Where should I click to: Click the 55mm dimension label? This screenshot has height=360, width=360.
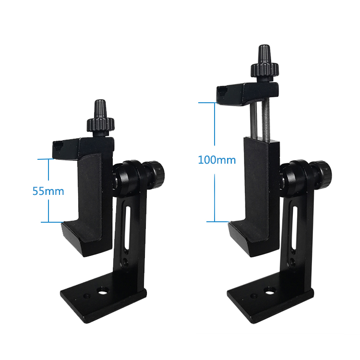(x=48, y=191)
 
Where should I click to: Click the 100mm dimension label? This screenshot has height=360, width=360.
(x=216, y=160)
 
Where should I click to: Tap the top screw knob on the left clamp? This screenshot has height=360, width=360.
(x=99, y=118)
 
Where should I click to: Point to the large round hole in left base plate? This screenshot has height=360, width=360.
(x=102, y=291)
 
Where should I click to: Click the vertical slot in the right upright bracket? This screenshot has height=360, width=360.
(x=293, y=226)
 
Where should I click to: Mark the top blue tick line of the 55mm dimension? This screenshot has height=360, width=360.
(x=49, y=159)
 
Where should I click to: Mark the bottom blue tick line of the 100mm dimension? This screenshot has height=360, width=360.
(x=215, y=222)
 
